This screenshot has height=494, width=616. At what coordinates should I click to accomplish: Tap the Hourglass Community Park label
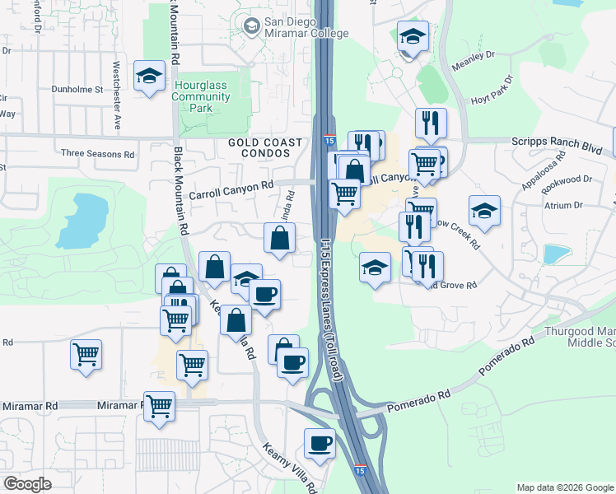click(x=201, y=96)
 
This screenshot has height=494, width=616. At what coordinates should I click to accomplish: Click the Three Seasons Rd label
click(x=98, y=154)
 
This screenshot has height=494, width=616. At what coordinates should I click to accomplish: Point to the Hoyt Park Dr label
click(x=492, y=90)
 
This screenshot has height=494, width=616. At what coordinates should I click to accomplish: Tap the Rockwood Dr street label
click(x=569, y=179)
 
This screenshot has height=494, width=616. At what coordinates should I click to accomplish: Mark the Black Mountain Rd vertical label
click(x=181, y=190)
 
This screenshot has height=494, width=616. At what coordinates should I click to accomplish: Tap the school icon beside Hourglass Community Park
click(x=149, y=77)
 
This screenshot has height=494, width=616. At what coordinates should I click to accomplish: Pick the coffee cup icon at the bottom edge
click(x=320, y=444)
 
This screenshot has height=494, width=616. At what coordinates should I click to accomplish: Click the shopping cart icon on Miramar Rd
click(x=159, y=406)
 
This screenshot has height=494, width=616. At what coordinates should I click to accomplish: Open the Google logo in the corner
click(x=27, y=484)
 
